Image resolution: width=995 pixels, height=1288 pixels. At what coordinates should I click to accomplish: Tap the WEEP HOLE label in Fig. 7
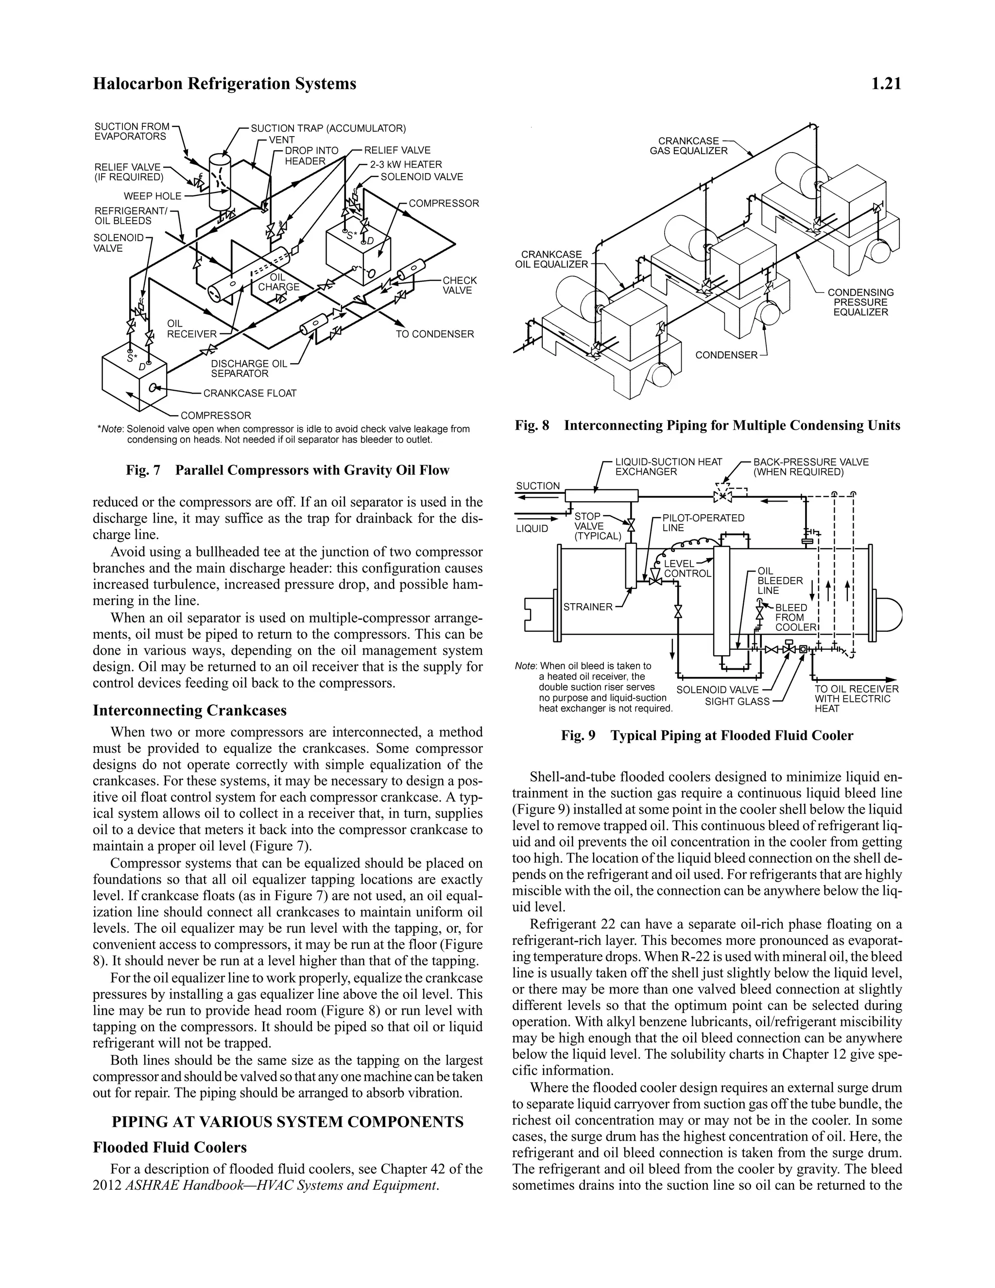(x=152, y=196)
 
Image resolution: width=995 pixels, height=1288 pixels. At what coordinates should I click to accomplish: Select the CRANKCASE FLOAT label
(x=249, y=393)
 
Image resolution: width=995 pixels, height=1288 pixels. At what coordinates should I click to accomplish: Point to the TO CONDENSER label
(x=434, y=334)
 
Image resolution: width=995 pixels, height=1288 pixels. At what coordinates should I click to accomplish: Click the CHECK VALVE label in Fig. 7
(x=459, y=285)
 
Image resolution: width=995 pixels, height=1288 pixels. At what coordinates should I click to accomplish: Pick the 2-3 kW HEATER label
(x=406, y=165)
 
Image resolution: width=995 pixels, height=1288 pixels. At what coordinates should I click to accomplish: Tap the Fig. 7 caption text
(x=287, y=470)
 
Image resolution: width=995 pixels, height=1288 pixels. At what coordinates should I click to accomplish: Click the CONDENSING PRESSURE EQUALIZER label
(x=860, y=302)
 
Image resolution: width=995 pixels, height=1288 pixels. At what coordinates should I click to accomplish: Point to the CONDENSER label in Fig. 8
(x=726, y=355)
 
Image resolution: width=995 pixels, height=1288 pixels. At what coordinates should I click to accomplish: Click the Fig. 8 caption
(x=707, y=425)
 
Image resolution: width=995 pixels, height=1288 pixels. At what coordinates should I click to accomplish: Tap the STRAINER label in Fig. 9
(x=588, y=607)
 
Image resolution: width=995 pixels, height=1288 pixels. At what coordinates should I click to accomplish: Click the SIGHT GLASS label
(x=737, y=702)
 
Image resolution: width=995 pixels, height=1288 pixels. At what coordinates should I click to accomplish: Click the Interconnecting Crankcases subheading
(x=189, y=710)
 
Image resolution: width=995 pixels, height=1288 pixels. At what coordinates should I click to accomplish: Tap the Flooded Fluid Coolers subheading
(x=170, y=1148)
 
